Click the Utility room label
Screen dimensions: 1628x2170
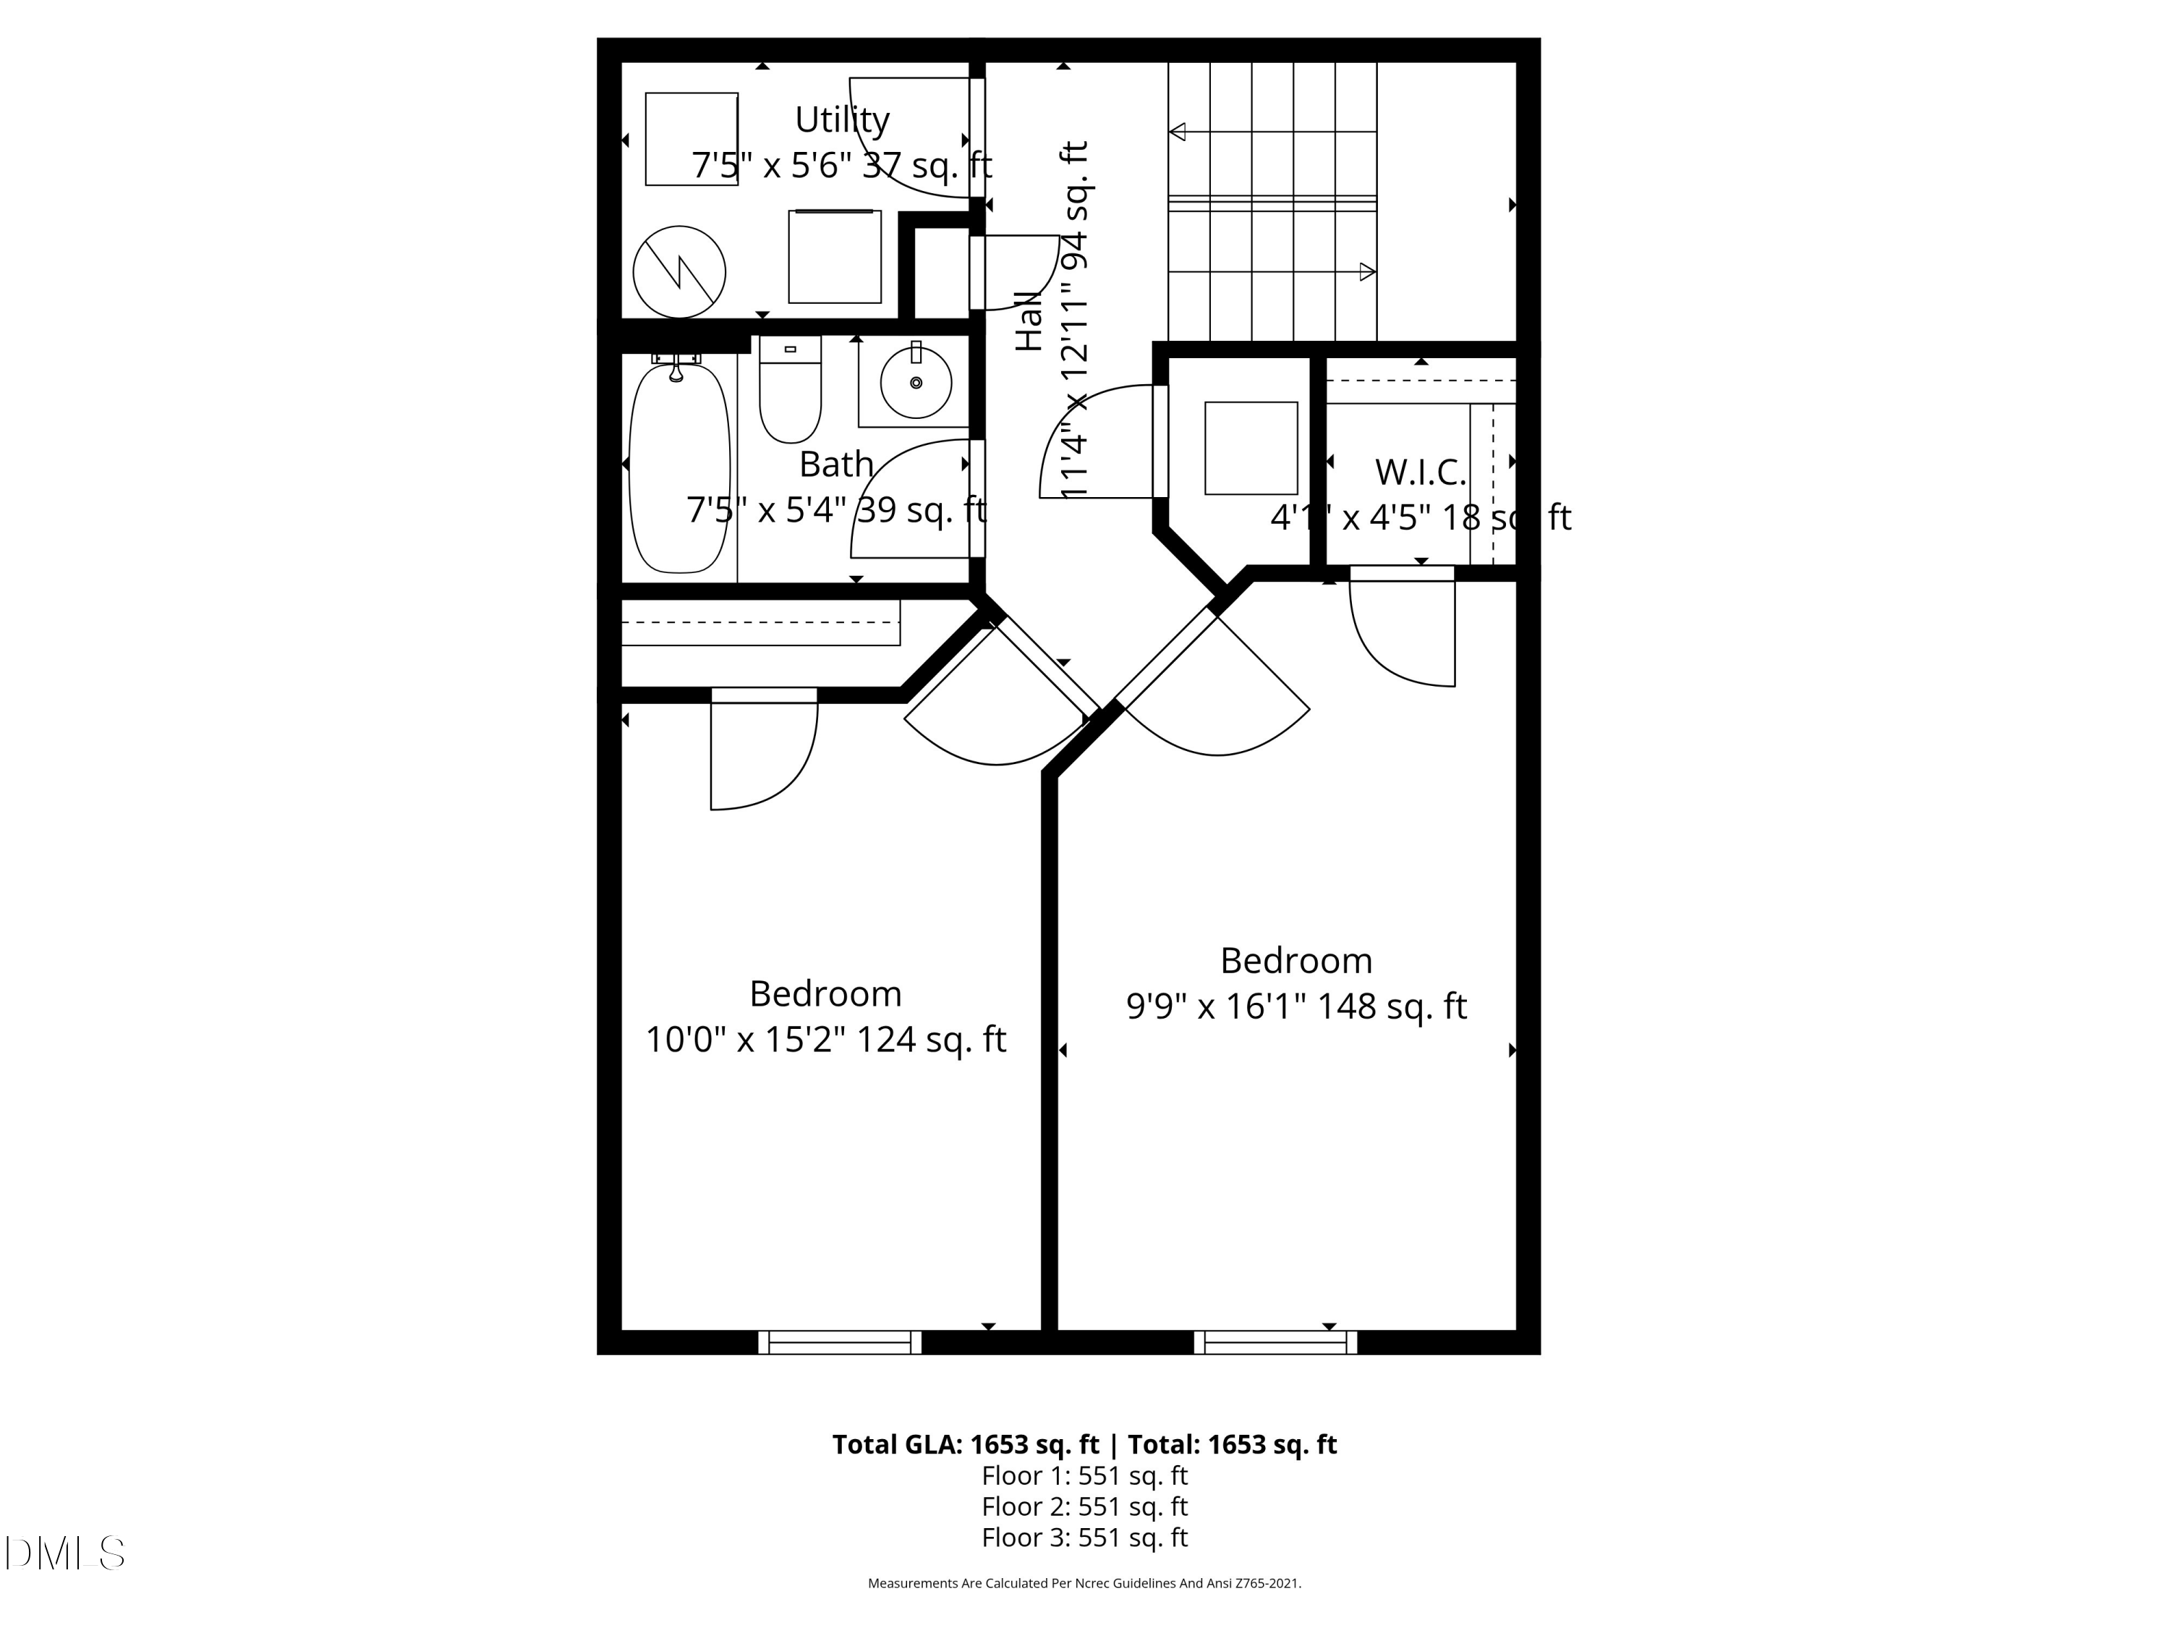(x=842, y=119)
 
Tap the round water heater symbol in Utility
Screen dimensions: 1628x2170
(x=679, y=272)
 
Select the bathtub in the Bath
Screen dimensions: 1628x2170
(x=679, y=468)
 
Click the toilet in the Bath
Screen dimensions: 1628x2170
(x=790, y=391)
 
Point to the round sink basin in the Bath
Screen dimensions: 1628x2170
(x=915, y=382)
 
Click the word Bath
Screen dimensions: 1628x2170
(x=836, y=463)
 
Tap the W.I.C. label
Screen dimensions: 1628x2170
(x=1419, y=472)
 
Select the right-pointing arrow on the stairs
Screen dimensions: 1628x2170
(x=1366, y=272)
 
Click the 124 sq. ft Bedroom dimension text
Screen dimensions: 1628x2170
(x=825, y=1039)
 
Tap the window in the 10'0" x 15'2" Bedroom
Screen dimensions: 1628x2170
(x=840, y=1341)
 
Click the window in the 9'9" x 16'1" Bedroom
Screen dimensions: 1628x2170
(x=1275, y=1341)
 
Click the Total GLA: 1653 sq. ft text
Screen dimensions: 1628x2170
(x=966, y=1443)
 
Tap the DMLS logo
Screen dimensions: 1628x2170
(x=65, y=1553)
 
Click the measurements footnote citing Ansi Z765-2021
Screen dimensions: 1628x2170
(x=1084, y=1583)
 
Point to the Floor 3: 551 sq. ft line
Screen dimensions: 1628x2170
(x=1084, y=1537)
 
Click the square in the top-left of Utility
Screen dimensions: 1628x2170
(x=691, y=140)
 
